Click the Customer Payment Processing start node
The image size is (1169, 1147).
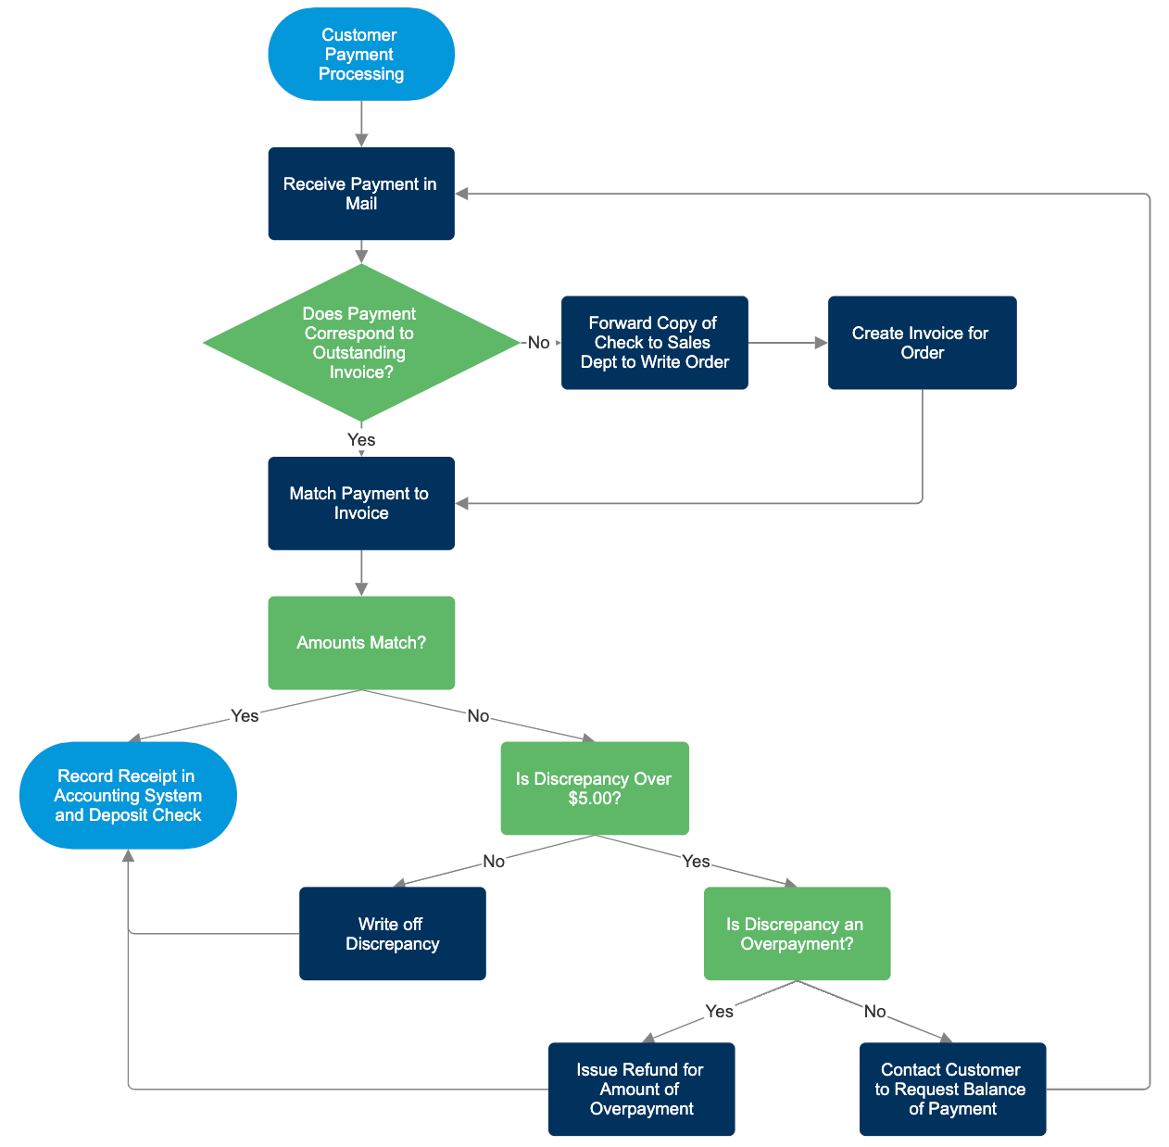click(x=360, y=55)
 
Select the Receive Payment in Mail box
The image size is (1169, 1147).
click(x=360, y=194)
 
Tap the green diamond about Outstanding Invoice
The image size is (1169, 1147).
click(x=360, y=343)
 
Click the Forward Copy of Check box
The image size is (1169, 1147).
click(x=654, y=343)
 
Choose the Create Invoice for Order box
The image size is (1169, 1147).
click(x=922, y=343)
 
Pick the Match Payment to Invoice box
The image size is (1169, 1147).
click(x=360, y=503)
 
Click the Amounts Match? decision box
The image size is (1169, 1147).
click(x=360, y=643)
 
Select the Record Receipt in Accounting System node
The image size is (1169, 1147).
click(x=128, y=796)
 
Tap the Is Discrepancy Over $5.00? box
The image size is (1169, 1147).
click(x=594, y=788)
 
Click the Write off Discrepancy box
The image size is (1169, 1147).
click(x=392, y=934)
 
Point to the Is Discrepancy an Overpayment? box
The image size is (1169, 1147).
click(x=797, y=934)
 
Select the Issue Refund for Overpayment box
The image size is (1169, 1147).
click(x=641, y=1090)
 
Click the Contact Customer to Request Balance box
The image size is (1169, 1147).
click(x=952, y=1090)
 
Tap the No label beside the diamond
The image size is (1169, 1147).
click(x=538, y=343)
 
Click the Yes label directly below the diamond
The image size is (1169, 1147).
click(x=360, y=439)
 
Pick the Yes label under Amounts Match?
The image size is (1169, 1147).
click(x=245, y=715)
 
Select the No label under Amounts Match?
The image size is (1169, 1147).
click(x=478, y=715)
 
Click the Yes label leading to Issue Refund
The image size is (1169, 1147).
click(x=719, y=1011)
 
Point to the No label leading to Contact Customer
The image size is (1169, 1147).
click(x=874, y=1011)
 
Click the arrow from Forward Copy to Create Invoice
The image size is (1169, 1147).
click(x=787, y=343)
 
